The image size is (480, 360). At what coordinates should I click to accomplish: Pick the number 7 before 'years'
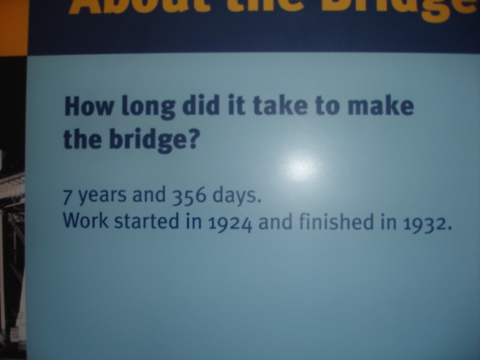tap(67, 198)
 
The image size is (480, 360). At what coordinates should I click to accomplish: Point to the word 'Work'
tap(82, 222)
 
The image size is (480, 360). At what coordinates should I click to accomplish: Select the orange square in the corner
tap(13, 26)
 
